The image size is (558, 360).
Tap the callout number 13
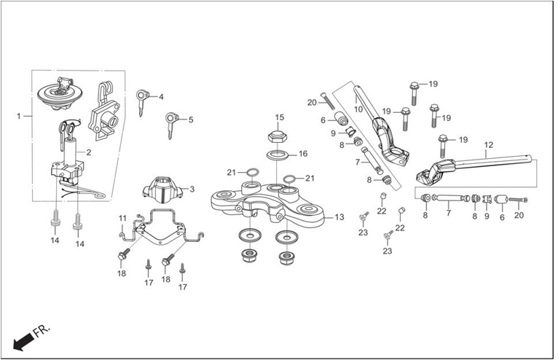tap(339, 217)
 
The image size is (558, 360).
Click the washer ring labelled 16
tap(278, 155)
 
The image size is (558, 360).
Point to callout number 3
tap(192, 189)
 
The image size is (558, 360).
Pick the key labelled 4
tap(142, 102)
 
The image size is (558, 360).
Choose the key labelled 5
tap(171, 125)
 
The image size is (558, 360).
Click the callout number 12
tap(489, 145)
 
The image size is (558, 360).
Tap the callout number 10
tap(358, 109)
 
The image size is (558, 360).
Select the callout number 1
tap(18, 116)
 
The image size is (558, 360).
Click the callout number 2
tap(89, 152)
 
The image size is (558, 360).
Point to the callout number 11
tap(122, 218)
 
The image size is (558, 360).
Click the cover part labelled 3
tap(163, 190)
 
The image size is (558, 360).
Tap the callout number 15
tap(280, 117)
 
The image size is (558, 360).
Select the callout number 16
tap(303, 154)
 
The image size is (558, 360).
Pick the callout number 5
tap(191, 120)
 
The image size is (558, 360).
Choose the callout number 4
tap(161, 97)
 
